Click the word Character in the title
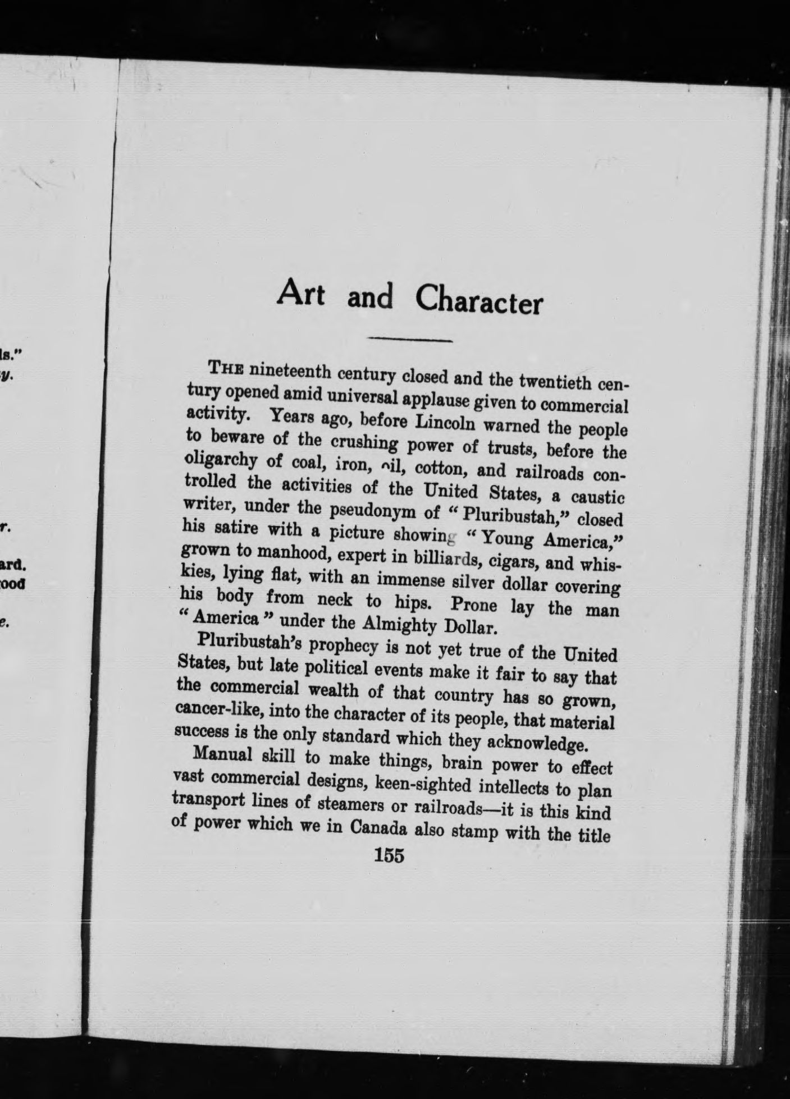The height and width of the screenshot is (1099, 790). pos(479,302)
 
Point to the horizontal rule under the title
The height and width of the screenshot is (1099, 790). pos(409,340)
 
